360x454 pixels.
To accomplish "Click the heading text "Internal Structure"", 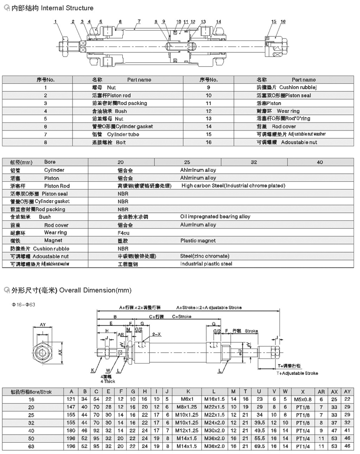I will click(x=71, y=8).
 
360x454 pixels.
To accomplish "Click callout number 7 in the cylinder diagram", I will click(x=139, y=22).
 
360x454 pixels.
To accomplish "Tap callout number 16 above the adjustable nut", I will click(x=283, y=22).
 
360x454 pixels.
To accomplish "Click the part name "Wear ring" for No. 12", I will click(x=288, y=111).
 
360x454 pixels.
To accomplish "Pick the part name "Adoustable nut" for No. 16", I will click(x=299, y=142).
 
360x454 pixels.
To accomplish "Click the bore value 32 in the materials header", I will click(x=254, y=162).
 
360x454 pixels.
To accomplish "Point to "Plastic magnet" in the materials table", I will click(x=198, y=241).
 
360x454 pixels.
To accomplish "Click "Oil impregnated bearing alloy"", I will click(x=216, y=217).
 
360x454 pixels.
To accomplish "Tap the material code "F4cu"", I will click(x=124, y=233).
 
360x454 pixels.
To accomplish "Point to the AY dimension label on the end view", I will click(x=42, y=325).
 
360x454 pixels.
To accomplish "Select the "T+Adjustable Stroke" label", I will click(x=297, y=373).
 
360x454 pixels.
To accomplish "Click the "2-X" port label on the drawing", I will click(x=157, y=333).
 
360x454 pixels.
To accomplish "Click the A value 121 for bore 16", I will click(x=72, y=399).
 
